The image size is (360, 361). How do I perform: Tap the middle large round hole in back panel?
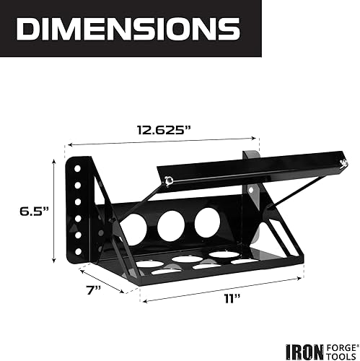pyautogui.click(x=171, y=225)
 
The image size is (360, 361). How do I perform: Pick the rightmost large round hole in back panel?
pyautogui.click(x=208, y=222)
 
